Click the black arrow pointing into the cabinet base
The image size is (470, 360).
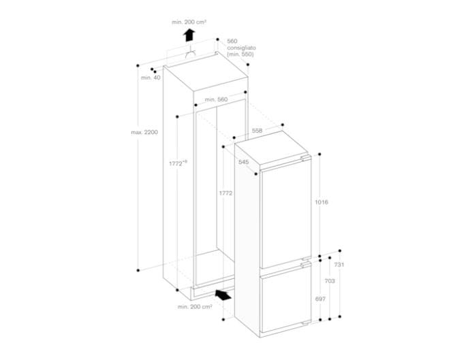click(222, 294)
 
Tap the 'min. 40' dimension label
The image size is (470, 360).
click(151, 78)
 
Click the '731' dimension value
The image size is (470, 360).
click(339, 265)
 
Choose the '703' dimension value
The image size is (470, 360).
click(329, 280)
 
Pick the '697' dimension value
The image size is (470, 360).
click(320, 299)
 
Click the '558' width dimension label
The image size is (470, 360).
click(257, 129)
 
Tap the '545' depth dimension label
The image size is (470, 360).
click(243, 162)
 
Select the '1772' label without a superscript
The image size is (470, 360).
click(225, 193)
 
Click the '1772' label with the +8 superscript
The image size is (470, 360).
click(178, 163)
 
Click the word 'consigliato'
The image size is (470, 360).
click(241, 48)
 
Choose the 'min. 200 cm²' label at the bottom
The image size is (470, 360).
click(195, 307)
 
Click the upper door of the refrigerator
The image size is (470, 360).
click(286, 211)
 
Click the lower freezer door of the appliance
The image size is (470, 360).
click(286, 297)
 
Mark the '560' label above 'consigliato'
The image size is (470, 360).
click(232, 42)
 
